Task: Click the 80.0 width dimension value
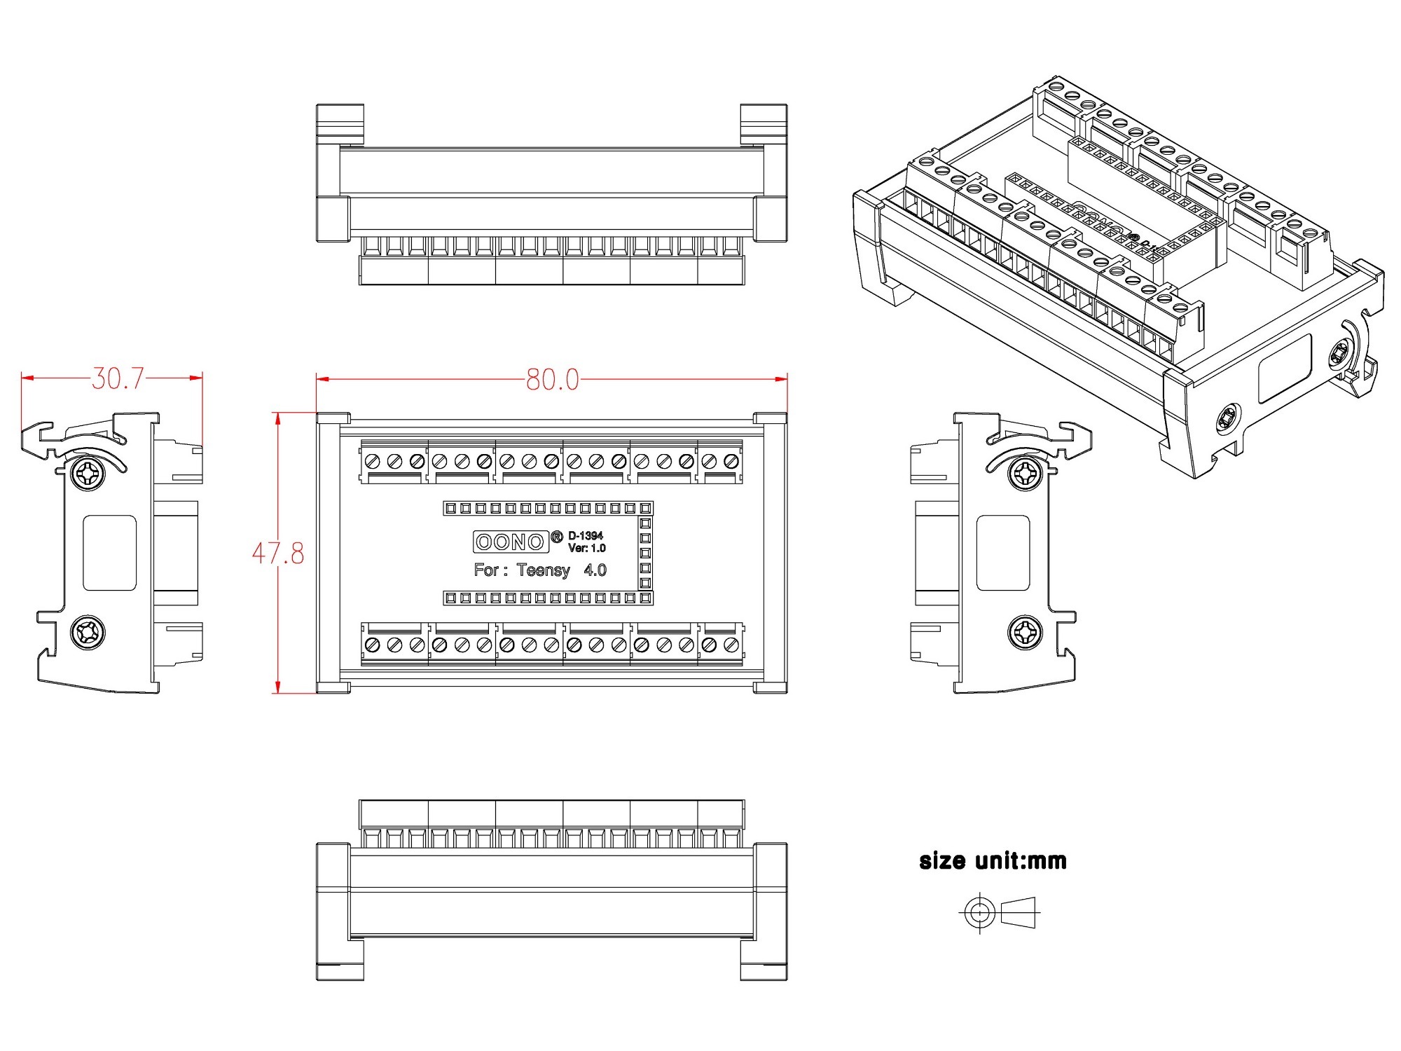(x=553, y=380)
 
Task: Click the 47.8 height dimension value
(x=278, y=554)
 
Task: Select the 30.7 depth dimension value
(x=118, y=378)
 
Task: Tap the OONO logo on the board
(x=511, y=542)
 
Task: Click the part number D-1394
(x=586, y=536)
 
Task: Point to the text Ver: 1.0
(x=587, y=548)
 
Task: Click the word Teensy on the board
(x=544, y=570)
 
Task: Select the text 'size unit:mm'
(x=993, y=860)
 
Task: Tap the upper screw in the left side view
(x=88, y=474)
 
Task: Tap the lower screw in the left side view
(x=88, y=633)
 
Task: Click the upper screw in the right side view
(x=1025, y=474)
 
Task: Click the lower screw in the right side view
(x=1025, y=633)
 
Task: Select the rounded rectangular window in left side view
(x=109, y=554)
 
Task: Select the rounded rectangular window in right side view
(x=1003, y=554)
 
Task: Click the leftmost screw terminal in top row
(x=373, y=461)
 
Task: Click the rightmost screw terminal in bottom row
(x=731, y=645)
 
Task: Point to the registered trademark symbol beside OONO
(x=557, y=537)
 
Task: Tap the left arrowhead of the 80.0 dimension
(x=322, y=379)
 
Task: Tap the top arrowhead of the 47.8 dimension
(x=278, y=418)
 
